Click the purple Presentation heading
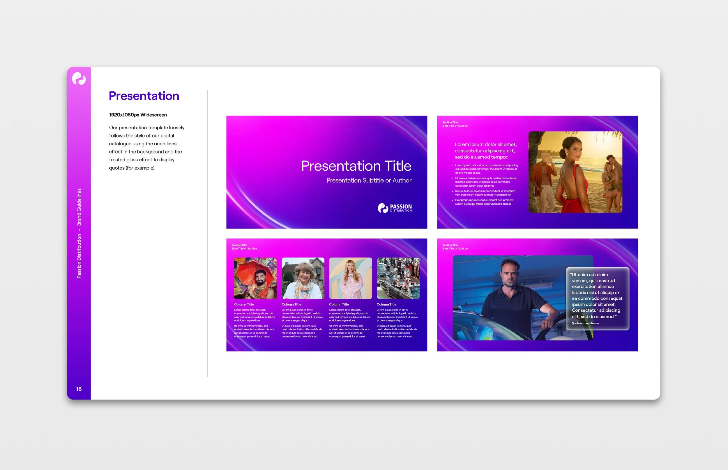point(144,96)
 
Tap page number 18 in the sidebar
point(79,389)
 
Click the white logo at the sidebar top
point(79,78)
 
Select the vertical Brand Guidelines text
point(79,207)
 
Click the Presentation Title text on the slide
point(356,166)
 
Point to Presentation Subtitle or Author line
point(369,180)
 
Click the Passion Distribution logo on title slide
point(395,208)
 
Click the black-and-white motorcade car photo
point(398,278)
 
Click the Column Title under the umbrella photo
point(244,304)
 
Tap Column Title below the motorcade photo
point(386,304)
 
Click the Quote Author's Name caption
point(585,323)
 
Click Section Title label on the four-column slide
point(239,245)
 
